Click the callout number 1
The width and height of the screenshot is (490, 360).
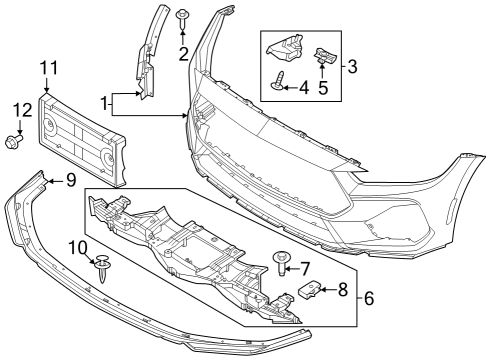[105, 101]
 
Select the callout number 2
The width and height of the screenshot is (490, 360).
[182, 54]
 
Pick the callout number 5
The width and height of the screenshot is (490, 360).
[323, 88]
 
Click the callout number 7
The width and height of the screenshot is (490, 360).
[307, 267]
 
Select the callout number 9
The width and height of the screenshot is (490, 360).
[70, 182]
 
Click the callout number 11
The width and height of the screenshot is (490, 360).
[50, 68]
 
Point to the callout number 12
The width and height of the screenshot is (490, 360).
[21, 109]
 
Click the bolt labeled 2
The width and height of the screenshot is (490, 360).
[183, 17]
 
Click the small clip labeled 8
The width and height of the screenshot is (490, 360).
[310, 291]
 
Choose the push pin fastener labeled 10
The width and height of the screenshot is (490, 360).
[102, 268]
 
